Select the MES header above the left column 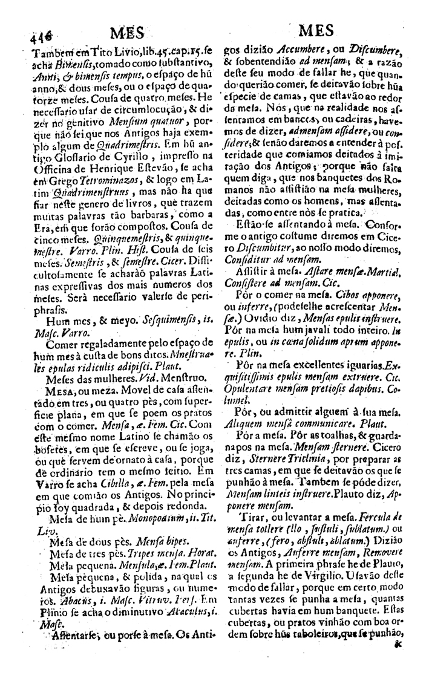coord(127,31)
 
